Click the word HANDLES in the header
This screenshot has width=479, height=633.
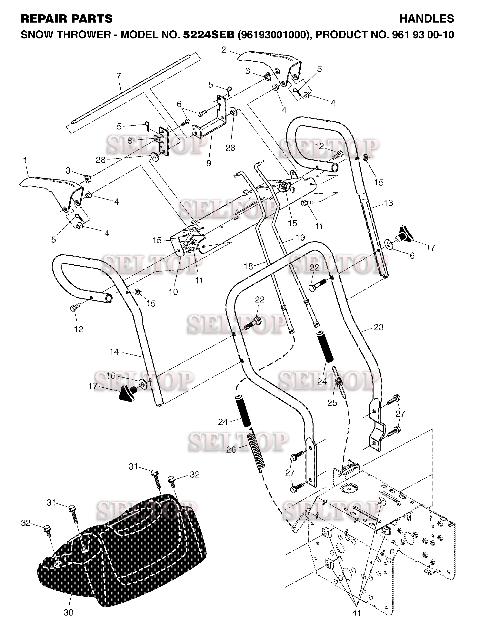tap(426, 19)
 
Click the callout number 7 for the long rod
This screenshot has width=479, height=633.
tap(119, 77)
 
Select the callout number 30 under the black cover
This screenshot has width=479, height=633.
tap(69, 612)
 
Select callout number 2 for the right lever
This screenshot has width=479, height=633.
tap(224, 50)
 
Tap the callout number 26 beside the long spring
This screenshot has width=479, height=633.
tap(231, 450)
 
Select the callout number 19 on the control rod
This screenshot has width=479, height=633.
tap(300, 238)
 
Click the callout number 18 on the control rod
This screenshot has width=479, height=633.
tap(248, 266)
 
